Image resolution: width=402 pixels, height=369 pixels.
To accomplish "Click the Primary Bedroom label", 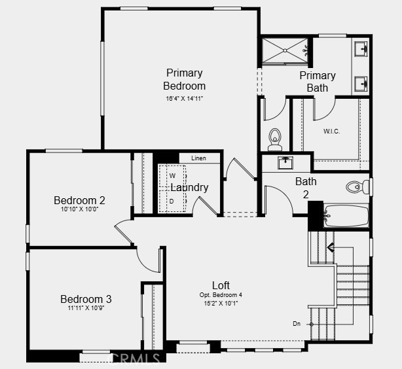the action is coord(185,79).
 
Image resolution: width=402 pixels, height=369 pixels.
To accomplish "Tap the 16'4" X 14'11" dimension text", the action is coord(185,99).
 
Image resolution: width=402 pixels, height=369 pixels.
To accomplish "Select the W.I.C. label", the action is coord(331,132).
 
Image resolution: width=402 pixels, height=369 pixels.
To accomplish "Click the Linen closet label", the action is coord(198,158).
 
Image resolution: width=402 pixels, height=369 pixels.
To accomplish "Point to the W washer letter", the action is coord(173,176).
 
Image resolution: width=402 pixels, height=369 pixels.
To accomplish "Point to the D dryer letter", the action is coord(172,202).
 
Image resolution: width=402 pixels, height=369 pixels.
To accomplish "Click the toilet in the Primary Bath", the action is coord(275,139).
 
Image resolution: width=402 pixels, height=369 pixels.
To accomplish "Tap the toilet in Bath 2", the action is coord(357,187).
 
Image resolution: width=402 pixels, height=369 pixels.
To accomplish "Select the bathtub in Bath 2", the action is coord(346,216).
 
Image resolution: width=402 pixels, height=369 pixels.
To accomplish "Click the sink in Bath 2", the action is coord(285,163).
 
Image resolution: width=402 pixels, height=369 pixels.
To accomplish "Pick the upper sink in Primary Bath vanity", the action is coord(361,48).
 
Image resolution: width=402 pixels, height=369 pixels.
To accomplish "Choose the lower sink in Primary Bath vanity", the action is coord(361,84).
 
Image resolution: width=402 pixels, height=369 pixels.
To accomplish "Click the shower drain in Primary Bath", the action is coord(285,51).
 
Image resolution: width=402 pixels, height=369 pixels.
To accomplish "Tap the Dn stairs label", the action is coord(297,324).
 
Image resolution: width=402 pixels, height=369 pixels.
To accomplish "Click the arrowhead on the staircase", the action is coord(331,247).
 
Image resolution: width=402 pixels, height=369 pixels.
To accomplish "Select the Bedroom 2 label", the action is coord(79,200).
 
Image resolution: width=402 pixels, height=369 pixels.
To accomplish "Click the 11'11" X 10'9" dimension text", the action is coord(86,307).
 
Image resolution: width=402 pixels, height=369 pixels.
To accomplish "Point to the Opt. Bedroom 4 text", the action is coord(221,295).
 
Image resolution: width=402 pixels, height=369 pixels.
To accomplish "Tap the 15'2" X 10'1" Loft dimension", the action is coord(221,304).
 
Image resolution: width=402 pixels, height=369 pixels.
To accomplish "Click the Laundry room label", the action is coord(189,188).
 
